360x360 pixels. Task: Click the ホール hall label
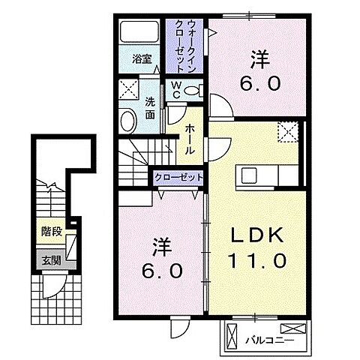190,138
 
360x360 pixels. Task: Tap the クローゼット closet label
179,178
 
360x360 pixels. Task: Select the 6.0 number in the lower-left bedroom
161,270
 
